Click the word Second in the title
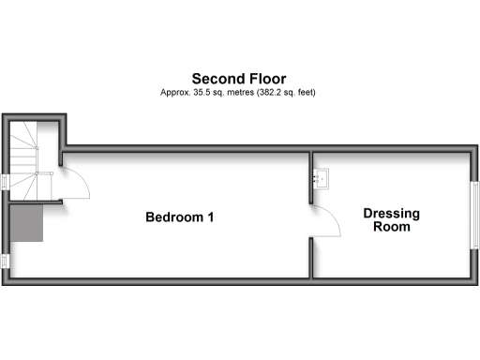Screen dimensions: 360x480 click(x=215, y=79)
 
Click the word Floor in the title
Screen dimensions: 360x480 click(x=265, y=79)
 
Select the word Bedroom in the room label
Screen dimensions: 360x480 click(x=174, y=217)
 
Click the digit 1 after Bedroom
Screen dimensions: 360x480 click(x=212, y=217)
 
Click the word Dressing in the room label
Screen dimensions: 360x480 click(x=392, y=214)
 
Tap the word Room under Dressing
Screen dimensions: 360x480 click(x=392, y=227)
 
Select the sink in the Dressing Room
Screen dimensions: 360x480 click(x=322, y=176)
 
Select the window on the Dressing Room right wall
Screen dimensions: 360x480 click(x=473, y=209)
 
